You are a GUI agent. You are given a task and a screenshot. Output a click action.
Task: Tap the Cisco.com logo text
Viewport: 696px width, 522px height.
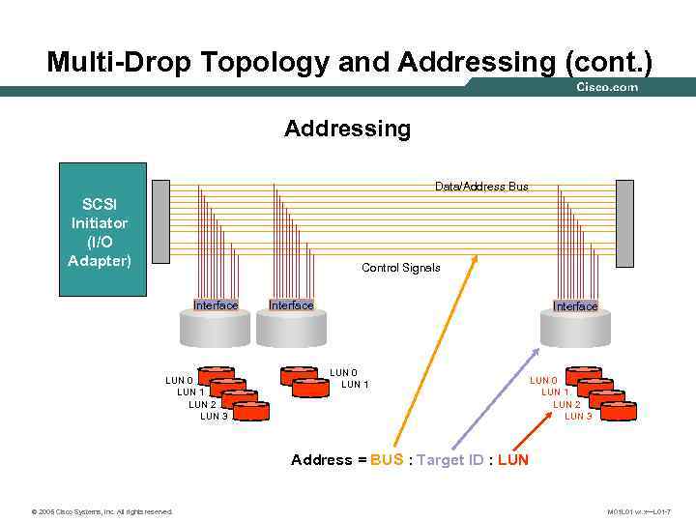pyautogui.click(x=607, y=88)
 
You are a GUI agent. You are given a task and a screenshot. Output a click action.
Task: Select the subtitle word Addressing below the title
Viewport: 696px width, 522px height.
pyautogui.click(x=347, y=129)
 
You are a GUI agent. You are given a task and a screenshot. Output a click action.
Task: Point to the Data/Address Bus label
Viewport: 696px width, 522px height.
pyautogui.click(x=481, y=186)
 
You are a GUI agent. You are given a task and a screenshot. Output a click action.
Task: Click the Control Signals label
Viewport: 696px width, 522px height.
pyautogui.click(x=400, y=268)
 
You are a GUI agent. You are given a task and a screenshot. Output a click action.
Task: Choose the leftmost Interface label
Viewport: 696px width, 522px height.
pyautogui.click(x=216, y=305)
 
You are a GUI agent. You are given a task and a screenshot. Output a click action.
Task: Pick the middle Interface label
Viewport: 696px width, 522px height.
pyautogui.click(x=291, y=305)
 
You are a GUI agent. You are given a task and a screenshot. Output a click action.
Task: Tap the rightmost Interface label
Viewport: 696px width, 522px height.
pyautogui.click(x=575, y=306)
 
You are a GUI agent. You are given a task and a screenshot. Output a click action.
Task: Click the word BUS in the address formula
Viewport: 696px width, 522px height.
pyautogui.click(x=387, y=460)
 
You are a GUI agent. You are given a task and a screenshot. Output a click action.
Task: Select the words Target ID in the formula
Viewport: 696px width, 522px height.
pyautogui.click(x=449, y=460)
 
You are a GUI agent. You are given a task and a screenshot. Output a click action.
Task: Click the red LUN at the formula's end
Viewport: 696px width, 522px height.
pyautogui.click(x=513, y=460)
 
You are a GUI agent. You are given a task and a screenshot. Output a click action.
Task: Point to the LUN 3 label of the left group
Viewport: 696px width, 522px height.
pyautogui.click(x=214, y=417)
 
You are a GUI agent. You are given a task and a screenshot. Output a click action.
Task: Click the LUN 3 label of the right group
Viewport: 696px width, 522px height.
pyautogui.click(x=578, y=417)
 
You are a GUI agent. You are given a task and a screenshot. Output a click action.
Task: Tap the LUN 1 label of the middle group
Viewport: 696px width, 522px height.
pyautogui.click(x=355, y=385)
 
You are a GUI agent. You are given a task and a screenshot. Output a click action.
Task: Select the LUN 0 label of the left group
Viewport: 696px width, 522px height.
pyautogui.click(x=180, y=381)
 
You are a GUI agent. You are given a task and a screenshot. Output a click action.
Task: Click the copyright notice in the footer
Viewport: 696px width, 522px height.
pyautogui.click(x=101, y=511)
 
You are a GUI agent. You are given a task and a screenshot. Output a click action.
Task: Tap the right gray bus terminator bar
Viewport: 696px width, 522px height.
pyautogui.click(x=625, y=223)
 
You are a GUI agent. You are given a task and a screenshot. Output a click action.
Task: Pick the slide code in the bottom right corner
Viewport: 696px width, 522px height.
pyautogui.click(x=639, y=511)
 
